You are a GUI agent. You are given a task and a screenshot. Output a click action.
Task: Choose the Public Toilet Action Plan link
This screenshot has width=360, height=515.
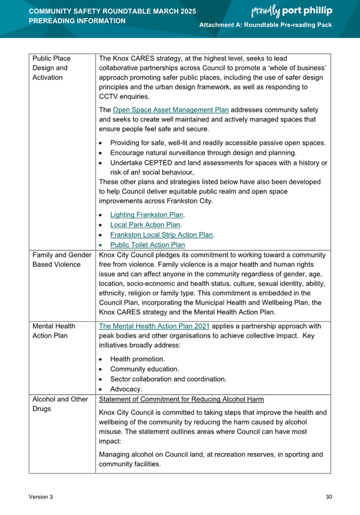coord(147,245)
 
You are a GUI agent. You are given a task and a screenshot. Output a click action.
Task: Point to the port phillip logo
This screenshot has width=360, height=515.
coord(292,12)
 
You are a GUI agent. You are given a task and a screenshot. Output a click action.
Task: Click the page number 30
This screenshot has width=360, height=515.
coord(329,497)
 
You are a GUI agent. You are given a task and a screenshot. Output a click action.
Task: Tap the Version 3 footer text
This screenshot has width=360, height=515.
coord(41,497)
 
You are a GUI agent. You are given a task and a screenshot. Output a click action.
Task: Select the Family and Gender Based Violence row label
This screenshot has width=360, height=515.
coord(62,260)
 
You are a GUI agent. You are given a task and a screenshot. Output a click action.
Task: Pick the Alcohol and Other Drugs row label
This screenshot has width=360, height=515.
coord(61,404)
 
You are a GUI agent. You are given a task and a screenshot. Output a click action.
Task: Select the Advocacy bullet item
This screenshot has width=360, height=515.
coord(126,389)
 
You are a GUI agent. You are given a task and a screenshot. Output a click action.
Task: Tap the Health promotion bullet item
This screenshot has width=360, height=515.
coord(138,359)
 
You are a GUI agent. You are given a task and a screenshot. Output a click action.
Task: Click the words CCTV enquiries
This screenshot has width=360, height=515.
coord(124,97)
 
